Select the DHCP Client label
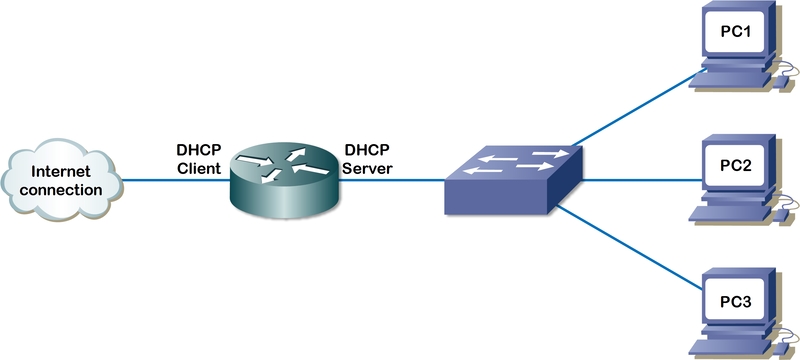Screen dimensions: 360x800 [199, 160]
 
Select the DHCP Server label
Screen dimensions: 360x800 [369, 160]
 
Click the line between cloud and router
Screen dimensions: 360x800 [175, 181]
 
